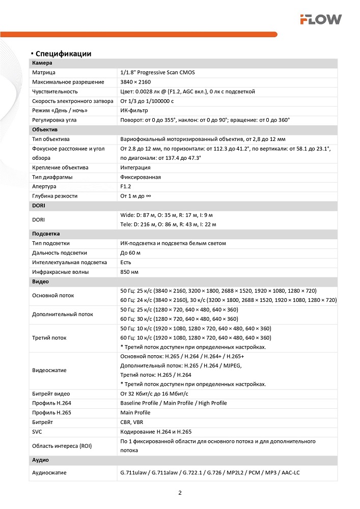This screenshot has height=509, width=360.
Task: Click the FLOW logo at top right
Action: tap(320, 19)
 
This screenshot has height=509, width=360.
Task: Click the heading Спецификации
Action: tap(63, 53)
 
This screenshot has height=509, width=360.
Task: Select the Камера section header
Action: tap(42, 63)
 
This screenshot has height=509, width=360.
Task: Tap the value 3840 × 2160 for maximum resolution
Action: tap(135, 82)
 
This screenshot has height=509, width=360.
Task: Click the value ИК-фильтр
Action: tap(134, 110)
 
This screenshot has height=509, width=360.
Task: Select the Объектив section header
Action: tap(45, 129)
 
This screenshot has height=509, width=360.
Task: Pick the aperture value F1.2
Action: tap(126, 186)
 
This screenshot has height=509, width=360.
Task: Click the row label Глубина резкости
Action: tap(54, 196)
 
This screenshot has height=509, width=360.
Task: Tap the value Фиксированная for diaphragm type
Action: tap(141, 177)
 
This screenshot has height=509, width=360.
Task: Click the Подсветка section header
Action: tap(46, 234)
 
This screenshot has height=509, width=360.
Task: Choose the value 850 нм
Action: tap(130, 272)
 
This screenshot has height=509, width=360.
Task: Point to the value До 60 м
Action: tap(130, 252)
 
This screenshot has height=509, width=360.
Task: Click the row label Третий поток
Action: tap(49, 337)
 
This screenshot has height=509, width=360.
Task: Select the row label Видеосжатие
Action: tap(49, 370)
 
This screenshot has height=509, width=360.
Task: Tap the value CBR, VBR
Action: tap(132, 422)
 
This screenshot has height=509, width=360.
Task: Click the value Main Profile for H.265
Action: tap(135, 412)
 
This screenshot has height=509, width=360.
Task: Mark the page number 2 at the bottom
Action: tap(180, 493)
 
